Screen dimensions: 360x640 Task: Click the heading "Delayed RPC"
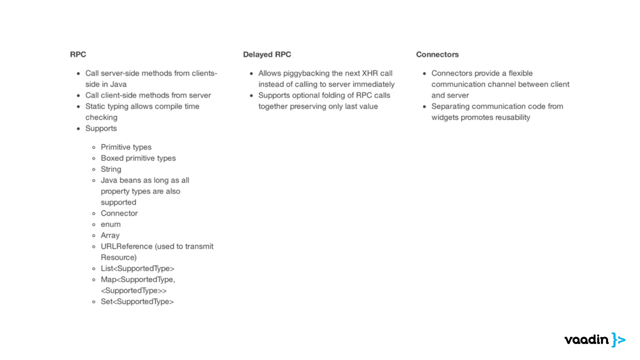click(267, 54)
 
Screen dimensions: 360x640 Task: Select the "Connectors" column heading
click(437, 54)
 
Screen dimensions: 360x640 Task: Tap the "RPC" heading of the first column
click(78, 54)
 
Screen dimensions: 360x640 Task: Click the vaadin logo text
click(586, 340)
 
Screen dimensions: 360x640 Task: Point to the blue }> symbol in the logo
click(618, 340)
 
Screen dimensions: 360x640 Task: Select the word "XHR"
click(370, 73)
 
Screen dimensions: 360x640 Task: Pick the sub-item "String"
click(111, 169)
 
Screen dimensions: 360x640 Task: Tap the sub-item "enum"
click(111, 224)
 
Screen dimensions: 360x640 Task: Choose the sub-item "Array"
click(110, 235)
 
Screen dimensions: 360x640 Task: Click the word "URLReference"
click(126, 246)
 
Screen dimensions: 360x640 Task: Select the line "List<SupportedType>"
click(137, 268)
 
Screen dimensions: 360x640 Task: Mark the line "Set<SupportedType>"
click(137, 302)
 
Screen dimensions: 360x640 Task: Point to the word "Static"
click(95, 106)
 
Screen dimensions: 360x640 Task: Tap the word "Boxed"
click(112, 158)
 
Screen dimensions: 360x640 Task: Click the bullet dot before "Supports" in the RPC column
click(78, 128)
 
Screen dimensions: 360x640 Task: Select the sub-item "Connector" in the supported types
click(119, 213)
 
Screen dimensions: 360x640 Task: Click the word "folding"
click(326, 95)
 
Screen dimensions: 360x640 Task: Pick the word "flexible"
click(520, 73)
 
